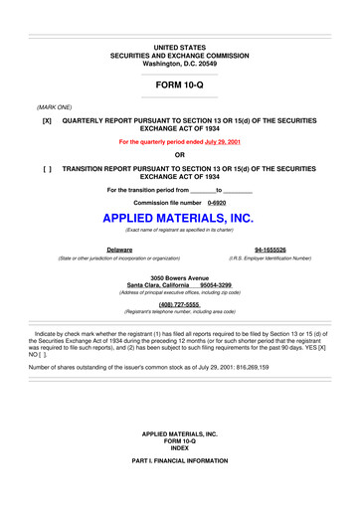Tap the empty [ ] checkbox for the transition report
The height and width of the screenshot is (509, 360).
(47, 170)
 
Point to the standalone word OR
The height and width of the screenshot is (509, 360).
(179, 155)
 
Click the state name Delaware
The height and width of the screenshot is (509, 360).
(120, 250)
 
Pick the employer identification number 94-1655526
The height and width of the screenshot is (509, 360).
(270, 250)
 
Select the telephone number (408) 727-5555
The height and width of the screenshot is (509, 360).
(179, 304)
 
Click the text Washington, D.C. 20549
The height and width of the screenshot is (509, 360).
(179, 63)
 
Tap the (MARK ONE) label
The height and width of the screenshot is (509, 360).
(54, 105)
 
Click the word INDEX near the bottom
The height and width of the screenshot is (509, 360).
(179, 477)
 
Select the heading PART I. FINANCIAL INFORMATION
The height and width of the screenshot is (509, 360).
(179, 492)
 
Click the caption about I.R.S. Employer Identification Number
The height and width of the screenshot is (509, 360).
(270, 257)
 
